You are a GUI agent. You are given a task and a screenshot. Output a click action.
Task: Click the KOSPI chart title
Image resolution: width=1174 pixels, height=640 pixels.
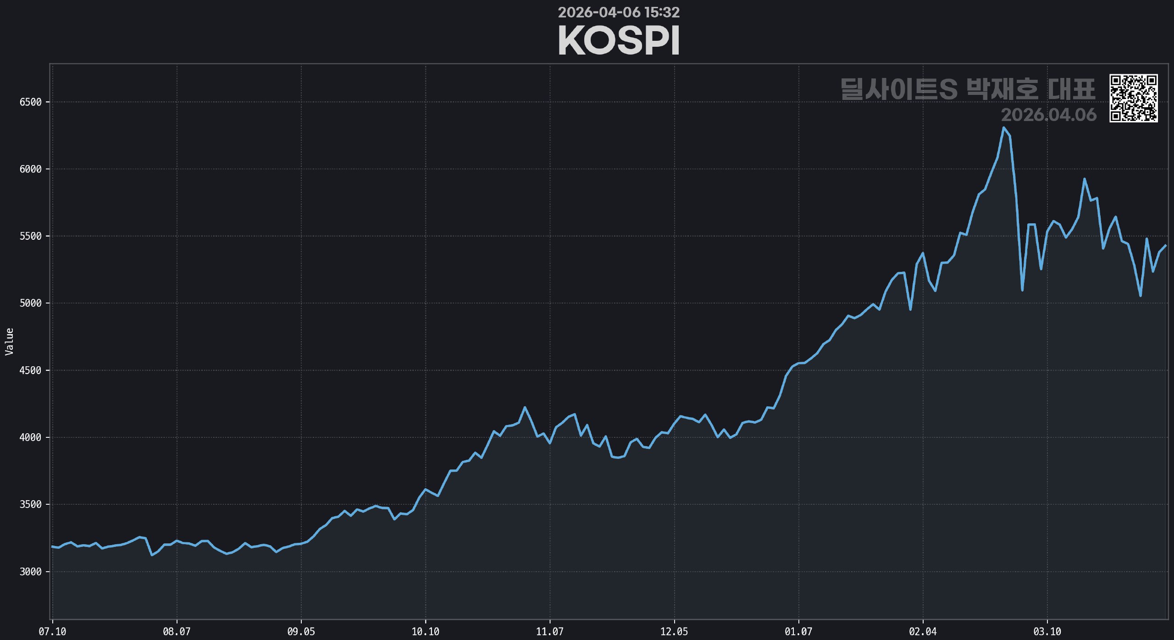click(x=619, y=40)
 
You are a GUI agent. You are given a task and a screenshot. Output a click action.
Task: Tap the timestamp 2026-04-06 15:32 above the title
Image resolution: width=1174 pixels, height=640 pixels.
click(x=619, y=12)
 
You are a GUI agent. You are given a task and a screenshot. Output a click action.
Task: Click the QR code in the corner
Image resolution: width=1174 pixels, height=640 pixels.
click(x=1133, y=98)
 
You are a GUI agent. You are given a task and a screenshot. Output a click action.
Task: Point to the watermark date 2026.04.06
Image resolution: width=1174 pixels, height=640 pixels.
click(x=1048, y=115)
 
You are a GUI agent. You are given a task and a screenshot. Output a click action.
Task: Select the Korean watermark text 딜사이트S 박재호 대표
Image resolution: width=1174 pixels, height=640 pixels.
click(x=968, y=89)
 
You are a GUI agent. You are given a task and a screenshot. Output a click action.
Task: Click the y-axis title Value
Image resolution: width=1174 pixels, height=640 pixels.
click(x=9, y=342)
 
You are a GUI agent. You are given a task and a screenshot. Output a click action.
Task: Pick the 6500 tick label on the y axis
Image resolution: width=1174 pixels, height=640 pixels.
click(x=30, y=102)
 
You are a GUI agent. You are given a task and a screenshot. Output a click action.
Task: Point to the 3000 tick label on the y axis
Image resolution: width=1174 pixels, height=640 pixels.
click(x=30, y=572)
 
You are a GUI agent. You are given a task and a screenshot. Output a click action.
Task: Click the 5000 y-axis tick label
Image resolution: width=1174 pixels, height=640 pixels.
click(x=30, y=303)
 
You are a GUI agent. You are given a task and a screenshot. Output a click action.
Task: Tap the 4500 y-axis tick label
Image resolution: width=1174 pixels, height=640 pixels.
click(x=30, y=370)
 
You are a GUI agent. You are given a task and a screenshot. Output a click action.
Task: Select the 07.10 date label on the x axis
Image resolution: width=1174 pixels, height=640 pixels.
click(x=52, y=632)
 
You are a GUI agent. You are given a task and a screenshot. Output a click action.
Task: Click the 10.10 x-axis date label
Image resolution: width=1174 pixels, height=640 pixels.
click(x=425, y=632)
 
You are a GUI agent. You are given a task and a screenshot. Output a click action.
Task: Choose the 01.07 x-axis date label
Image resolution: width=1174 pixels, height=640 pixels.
click(x=798, y=632)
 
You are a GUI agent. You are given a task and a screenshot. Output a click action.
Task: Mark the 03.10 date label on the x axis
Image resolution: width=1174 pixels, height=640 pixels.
click(x=1047, y=632)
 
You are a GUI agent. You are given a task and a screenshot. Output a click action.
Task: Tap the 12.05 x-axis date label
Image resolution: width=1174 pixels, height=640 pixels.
click(x=674, y=632)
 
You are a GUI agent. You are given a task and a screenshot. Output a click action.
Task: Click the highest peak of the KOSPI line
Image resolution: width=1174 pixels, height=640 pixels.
click(x=1003, y=127)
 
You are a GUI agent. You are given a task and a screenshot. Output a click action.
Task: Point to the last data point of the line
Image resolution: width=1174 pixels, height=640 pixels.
click(x=1165, y=246)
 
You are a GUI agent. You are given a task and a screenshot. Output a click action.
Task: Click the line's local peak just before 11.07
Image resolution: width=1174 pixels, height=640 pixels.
click(x=525, y=407)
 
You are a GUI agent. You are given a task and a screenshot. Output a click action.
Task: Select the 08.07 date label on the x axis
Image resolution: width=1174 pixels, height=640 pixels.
click(x=177, y=632)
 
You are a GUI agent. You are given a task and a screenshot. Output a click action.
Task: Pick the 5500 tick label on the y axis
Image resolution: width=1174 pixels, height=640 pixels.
click(x=30, y=236)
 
